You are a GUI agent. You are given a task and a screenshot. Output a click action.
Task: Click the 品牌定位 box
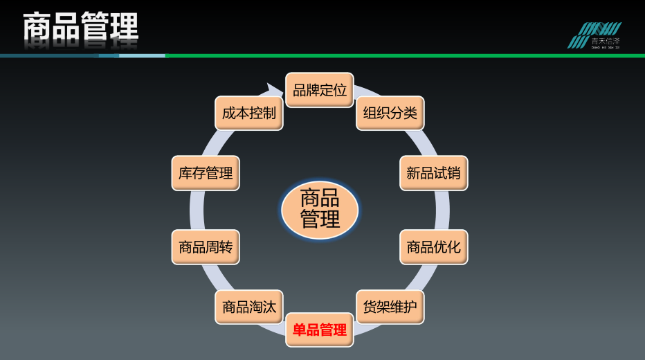pos(320,90)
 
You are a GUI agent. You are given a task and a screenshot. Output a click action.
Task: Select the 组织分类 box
pos(390,113)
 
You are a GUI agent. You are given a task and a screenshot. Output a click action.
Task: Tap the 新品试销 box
pos(433,173)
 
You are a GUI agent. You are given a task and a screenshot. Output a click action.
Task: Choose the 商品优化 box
pos(433,246)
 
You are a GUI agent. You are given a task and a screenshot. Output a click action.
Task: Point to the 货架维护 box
pos(390,307)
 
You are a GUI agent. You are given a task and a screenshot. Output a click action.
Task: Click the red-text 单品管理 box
pos(320,330)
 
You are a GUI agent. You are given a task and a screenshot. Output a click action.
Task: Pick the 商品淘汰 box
pos(249,307)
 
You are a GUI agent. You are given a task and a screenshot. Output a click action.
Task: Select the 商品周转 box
pos(206,246)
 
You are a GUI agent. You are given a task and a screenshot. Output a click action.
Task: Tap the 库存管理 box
pos(206,173)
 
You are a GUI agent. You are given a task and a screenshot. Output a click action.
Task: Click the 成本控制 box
pos(249,113)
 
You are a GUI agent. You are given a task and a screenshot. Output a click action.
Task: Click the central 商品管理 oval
pos(320,209)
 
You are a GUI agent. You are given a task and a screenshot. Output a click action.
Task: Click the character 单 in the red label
pos(299,330)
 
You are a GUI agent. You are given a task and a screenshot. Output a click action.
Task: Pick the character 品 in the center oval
pos(330,199)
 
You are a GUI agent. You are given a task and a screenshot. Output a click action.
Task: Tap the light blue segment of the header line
pos(142,55)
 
